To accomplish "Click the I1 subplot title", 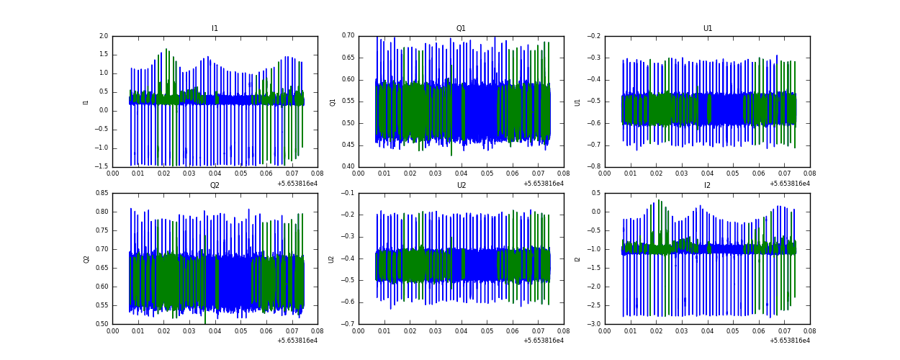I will click(x=215, y=29).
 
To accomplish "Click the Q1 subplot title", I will click(x=461, y=29).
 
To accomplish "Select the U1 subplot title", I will click(x=707, y=29).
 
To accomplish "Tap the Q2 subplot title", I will click(x=215, y=186).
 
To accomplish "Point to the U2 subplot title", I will click(x=461, y=186).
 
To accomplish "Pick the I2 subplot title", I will click(x=707, y=186).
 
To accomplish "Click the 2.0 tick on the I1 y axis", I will click(x=103, y=36).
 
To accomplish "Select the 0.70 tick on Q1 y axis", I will click(x=347, y=36).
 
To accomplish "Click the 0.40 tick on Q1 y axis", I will click(x=347, y=166).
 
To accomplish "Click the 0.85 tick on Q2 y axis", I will click(x=101, y=193).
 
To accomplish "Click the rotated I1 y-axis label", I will click(x=86, y=102).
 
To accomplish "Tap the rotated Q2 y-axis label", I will click(x=86, y=258).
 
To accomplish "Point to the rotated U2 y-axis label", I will click(x=332, y=258).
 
